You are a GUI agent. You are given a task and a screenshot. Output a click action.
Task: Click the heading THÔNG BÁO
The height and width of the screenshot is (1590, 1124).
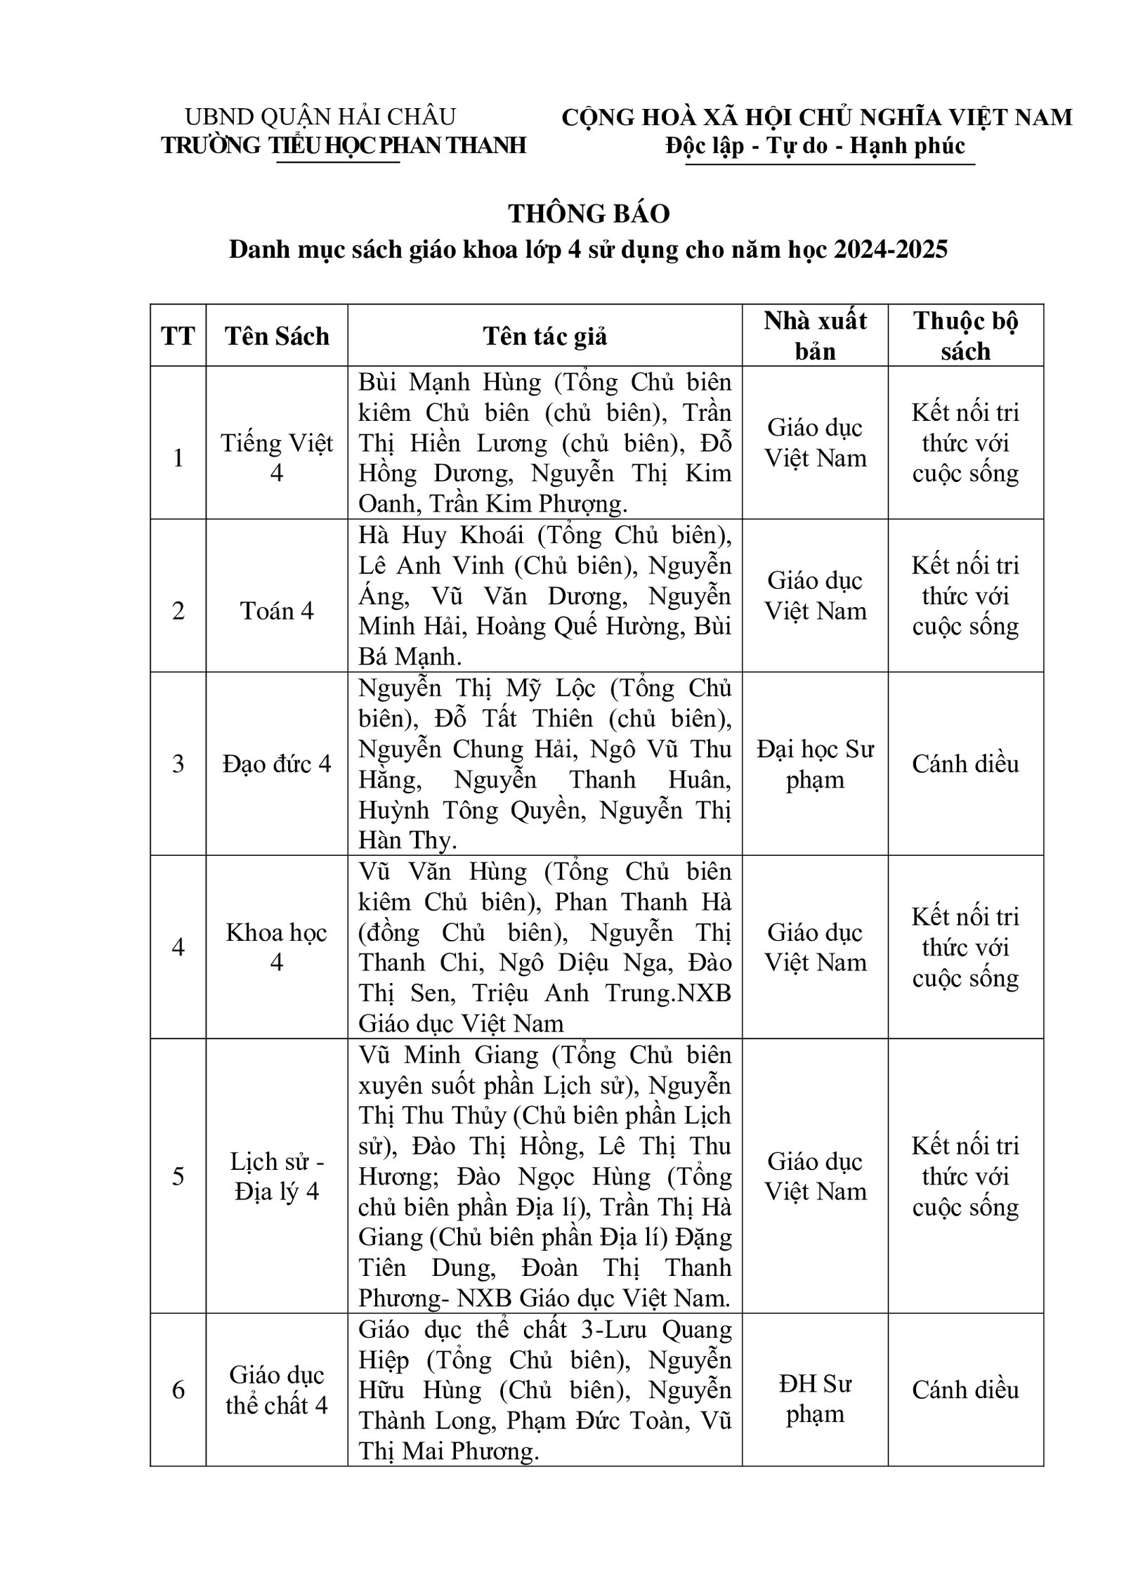pos(589,214)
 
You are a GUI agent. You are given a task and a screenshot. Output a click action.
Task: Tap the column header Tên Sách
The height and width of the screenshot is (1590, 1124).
pos(277,336)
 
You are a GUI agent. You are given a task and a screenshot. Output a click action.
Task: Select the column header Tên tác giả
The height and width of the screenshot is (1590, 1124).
pos(544,336)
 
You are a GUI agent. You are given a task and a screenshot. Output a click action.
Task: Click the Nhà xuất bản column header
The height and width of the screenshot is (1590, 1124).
pos(815,336)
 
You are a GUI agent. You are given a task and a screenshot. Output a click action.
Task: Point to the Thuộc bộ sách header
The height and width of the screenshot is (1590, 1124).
pos(965,336)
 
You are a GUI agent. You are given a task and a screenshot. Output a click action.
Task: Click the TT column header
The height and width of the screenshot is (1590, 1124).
pos(178,336)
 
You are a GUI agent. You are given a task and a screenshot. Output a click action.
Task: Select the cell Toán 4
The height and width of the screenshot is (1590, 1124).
pos(277,611)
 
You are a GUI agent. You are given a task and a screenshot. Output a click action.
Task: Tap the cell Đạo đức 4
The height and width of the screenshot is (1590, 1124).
pos(277,764)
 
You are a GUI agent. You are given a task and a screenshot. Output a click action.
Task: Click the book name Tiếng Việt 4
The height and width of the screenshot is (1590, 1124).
pos(277,457)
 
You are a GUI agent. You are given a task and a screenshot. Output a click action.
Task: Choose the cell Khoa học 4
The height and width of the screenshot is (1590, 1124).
pos(277,947)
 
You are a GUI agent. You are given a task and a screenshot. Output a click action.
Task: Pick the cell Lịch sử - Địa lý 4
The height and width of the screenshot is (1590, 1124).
pos(277,1176)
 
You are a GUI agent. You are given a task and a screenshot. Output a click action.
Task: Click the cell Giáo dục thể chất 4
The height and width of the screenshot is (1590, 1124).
pos(277,1390)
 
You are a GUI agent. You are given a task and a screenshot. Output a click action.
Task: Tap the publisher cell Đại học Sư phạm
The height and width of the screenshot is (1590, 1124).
pos(815,764)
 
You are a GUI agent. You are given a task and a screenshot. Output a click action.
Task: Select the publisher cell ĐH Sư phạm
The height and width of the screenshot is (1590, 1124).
pos(815,1390)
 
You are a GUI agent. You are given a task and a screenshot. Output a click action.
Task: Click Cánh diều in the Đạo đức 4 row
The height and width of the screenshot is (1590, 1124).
pos(965,764)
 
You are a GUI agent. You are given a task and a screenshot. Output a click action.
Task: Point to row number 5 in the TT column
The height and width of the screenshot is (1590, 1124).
pos(178,1176)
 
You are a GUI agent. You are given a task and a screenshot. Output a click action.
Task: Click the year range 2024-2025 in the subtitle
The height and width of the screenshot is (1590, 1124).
pos(891,249)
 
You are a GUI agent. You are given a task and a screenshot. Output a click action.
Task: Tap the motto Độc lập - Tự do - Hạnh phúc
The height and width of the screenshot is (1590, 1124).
pos(816,145)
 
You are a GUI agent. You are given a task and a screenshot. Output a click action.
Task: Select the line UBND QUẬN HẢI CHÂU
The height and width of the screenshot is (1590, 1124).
pos(320,116)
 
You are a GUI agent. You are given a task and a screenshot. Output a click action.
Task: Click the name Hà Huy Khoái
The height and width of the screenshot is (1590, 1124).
pos(441,535)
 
